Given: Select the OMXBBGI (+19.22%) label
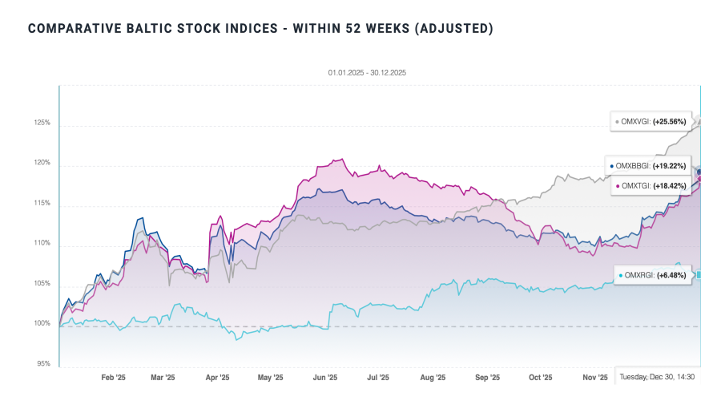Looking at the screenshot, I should (x=648, y=166).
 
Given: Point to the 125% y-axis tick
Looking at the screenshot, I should (x=42, y=124).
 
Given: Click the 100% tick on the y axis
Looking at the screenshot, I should (x=42, y=324).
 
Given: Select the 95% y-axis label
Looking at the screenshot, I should (x=43, y=364).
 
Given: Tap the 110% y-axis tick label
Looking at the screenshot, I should (x=42, y=244).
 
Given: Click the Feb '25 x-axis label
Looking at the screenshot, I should (x=113, y=378).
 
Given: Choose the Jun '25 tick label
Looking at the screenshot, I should (x=324, y=378).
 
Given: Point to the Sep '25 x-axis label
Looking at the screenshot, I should (x=487, y=378).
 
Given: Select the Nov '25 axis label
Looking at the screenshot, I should (x=594, y=378).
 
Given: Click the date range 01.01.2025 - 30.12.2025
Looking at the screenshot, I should (x=368, y=73).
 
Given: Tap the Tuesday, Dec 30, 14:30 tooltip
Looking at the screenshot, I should (x=657, y=377).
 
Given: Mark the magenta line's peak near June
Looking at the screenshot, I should (x=342, y=159).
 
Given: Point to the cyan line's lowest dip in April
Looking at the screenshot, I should (x=236, y=339).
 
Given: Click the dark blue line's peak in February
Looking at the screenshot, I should (x=142, y=218).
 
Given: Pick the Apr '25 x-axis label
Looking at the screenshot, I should (x=217, y=378).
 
